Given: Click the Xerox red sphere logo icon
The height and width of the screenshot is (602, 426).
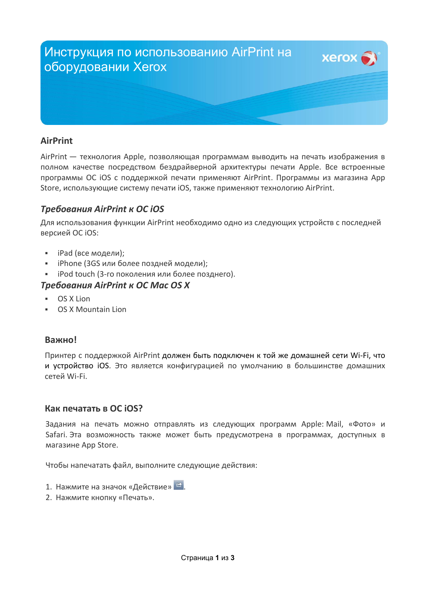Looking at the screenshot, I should click(x=369, y=58).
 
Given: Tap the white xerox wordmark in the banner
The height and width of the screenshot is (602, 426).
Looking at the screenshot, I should click(x=339, y=58).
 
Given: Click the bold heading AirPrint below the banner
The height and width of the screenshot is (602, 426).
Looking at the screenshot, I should click(x=57, y=141).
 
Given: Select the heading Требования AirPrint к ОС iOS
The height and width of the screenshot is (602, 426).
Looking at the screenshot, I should click(x=102, y=209).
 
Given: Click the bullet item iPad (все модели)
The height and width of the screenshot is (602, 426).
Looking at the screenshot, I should click(x=91, y=253).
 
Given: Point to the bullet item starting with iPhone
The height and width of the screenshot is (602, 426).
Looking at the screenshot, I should click(x=133, y=264).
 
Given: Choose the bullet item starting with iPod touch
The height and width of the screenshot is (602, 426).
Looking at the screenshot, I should click(x=146, y=274).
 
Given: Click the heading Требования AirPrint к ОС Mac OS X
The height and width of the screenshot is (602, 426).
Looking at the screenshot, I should click(x=115, y=285).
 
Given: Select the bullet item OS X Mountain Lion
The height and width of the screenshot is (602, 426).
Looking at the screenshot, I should click(x=92, y=310).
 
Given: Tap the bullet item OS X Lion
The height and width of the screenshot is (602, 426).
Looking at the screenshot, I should click(x=74, y=299).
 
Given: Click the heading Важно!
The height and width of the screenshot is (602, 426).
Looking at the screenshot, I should click(x=61, y=340).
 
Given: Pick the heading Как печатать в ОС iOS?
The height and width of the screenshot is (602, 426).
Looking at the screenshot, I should click(x=94, y=408).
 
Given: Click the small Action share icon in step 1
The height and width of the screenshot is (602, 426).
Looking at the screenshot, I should click(x=179, y=485).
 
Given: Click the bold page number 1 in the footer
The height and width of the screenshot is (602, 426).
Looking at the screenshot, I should click(x=217, y=558).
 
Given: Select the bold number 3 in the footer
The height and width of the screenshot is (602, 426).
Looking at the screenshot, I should click(x=232, y=558).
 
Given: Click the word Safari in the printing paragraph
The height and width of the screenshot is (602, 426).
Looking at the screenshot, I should click(x=56, y=435).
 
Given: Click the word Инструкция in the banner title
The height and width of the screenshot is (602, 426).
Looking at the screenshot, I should click(x=79, y=52).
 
